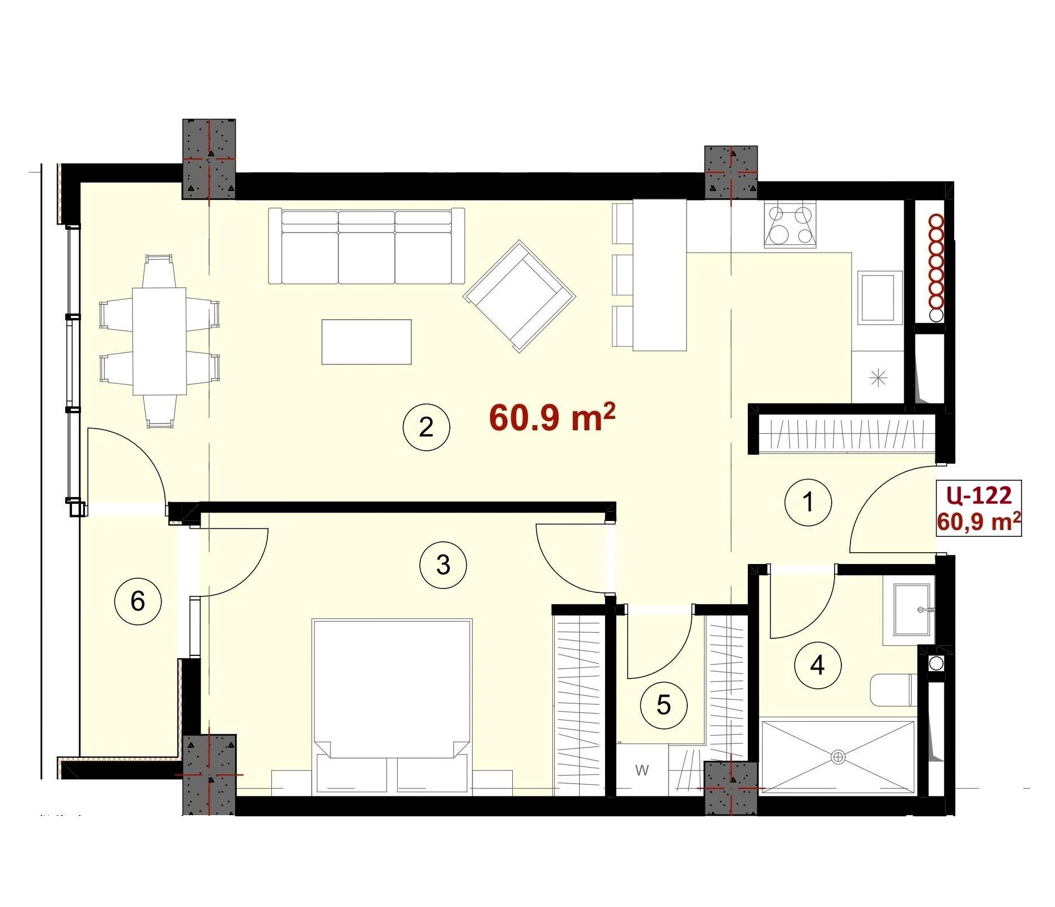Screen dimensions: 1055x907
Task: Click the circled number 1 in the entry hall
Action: pyautogui.click(x=808, y=502)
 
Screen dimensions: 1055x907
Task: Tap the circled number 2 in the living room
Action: pyautogui.click(x=426, y=427)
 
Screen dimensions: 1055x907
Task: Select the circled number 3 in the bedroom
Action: pyautogui.click(x=443, y=565)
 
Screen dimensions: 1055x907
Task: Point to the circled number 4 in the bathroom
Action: pyautogui.click(x=818, y=665)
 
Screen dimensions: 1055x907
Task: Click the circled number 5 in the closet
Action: pyautogui.click(x=663, y=705)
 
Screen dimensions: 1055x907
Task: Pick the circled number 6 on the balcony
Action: pyautogui.click(x=138, y=601)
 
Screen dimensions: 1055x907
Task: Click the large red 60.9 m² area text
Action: pyautogui.click(x=552, y=417)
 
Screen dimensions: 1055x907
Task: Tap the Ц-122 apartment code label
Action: pyautogui.click(x=979, y=495)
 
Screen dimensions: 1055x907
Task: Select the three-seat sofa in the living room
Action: pyautogui.click(x=366, y=246)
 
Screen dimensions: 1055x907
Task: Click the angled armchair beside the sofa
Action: pyautogui.click(x=519, y=296)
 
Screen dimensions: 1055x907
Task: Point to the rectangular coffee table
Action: pyautogui.click(x=367, y=342)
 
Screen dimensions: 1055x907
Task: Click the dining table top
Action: pyautogui.click(x=159, y=341)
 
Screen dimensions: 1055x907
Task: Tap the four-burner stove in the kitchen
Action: pyautogui.click(x=790, y=225)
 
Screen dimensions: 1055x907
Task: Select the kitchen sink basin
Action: pyautogui.click(x=880, y=297)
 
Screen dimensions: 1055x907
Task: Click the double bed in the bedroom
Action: pyautogui.click(x=392, y=706)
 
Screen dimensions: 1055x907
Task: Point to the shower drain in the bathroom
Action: pyautogui.click(x=838, y=757)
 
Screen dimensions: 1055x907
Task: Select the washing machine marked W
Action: pyautogui.click(x=643, y=770)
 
